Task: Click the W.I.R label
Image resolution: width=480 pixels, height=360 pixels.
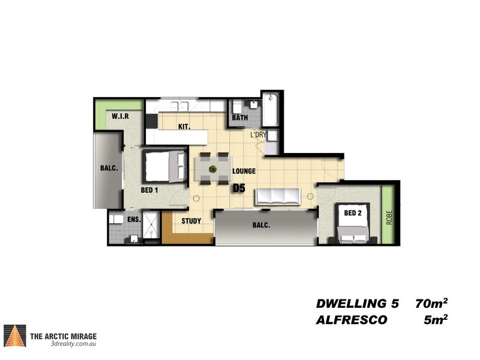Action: (120, 116)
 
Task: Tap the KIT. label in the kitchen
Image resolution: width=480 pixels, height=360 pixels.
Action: (184, 127)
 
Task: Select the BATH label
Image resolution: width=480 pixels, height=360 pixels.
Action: (240, 118)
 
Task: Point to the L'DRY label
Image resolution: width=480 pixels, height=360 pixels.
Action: (259, 134)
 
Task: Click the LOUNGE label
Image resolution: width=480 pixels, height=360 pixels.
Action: (244, 171)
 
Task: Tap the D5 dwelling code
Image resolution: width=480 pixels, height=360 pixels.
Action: (239, 188)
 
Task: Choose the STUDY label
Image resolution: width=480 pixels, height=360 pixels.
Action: (191, 221)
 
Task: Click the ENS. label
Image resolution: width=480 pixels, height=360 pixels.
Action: (134, 220)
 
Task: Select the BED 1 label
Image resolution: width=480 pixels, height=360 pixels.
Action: (149, 190)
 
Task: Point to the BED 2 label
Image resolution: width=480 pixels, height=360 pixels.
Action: (353, 213)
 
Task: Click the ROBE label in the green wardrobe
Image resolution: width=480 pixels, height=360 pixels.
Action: (389, 217)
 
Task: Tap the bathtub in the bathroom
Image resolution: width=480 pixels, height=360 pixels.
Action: (271, 109)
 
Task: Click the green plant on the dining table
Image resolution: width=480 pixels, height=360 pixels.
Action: (213, 169)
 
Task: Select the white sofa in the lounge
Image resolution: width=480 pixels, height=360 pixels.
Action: (278, 197)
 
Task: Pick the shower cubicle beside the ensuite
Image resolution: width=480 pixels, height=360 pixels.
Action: (151, 224)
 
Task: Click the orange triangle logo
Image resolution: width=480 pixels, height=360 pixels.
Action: (14, 336)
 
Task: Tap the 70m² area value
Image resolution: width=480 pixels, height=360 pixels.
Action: (431, 304)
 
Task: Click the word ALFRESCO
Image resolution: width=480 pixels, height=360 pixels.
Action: (352, 320)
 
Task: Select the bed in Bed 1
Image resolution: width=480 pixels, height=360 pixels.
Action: (166, 167)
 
